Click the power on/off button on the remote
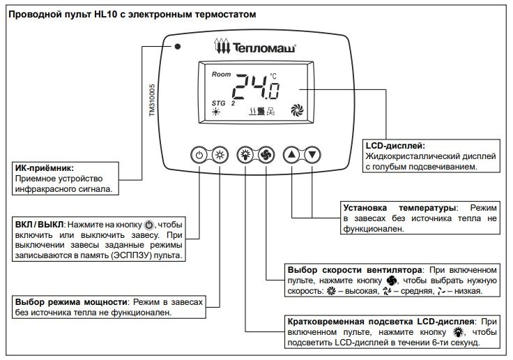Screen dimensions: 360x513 [199, 155]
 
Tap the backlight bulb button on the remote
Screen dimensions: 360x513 [245, 155]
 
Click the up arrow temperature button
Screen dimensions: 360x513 [291, 155]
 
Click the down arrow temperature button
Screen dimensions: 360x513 [314, 155]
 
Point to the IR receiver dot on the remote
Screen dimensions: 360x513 [178, 47]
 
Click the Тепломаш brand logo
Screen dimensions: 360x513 [255, 47]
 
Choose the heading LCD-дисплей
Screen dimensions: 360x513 [395, 146]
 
